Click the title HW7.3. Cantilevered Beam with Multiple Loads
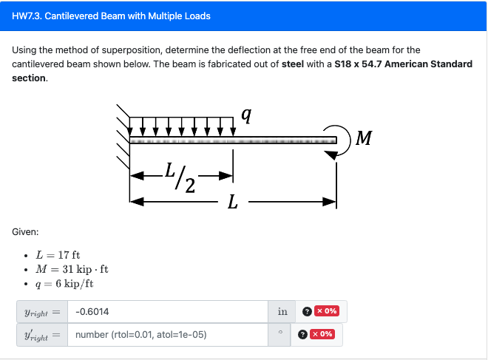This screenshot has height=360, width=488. (111, 16)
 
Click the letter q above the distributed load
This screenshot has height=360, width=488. (246, 115)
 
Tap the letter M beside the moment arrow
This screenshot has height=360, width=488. (364, 138)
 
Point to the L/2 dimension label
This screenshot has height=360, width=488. (180, 177)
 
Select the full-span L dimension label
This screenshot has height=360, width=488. (233, 202)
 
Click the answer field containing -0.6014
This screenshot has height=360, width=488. (167, 311)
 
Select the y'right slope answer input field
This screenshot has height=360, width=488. (167, 334)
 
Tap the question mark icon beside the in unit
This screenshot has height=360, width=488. (307, 311)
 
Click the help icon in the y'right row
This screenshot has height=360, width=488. (302, 334)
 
